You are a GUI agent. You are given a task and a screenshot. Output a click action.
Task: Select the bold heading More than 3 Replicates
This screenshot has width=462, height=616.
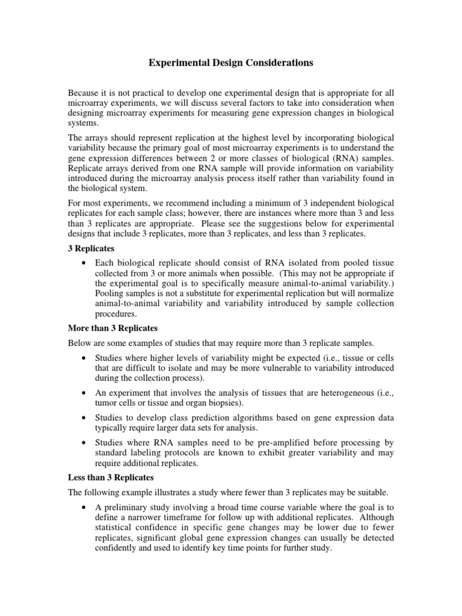pyautogui.click(x=112, y=328)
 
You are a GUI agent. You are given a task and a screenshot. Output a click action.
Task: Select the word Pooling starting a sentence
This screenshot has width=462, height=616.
pyautogui.click(x=111, y=293)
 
